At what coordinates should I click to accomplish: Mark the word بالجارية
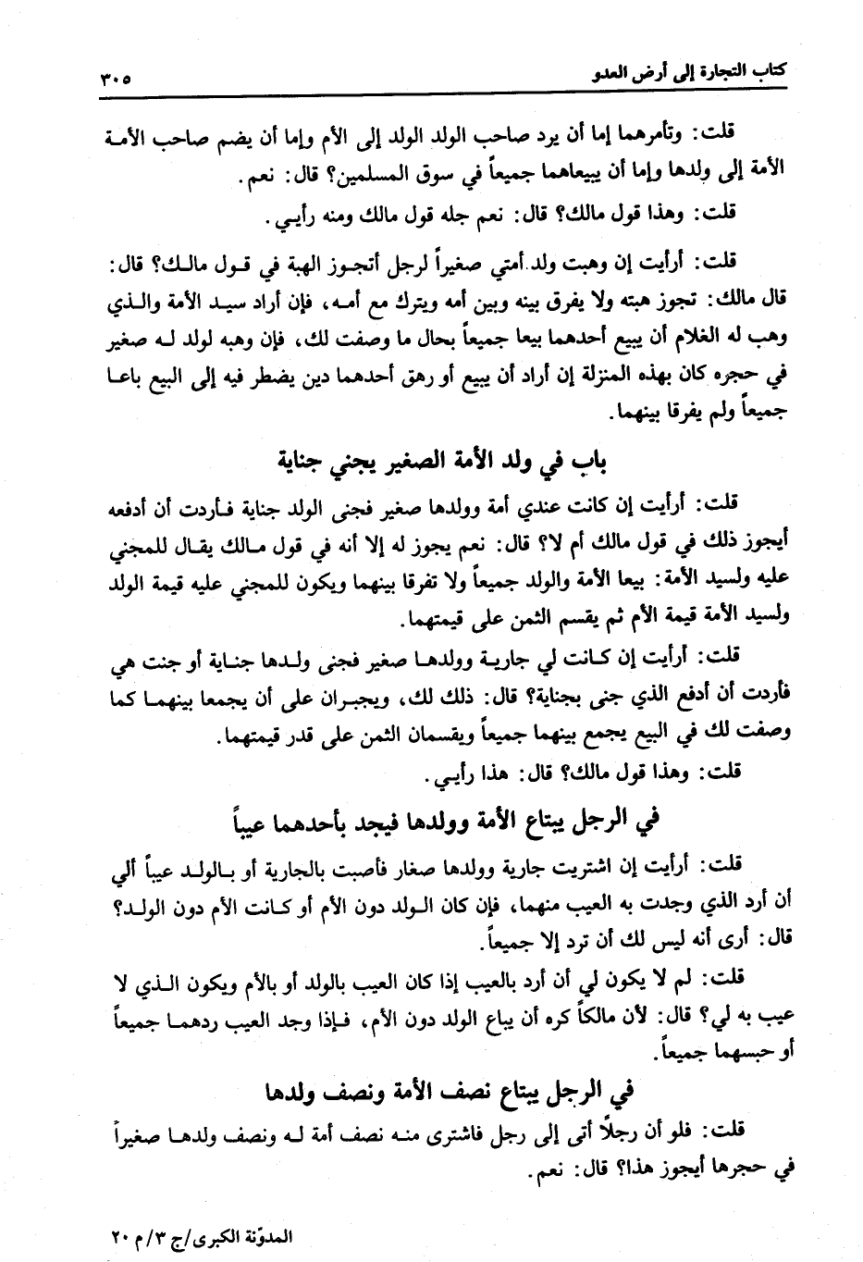coord(260,868)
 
